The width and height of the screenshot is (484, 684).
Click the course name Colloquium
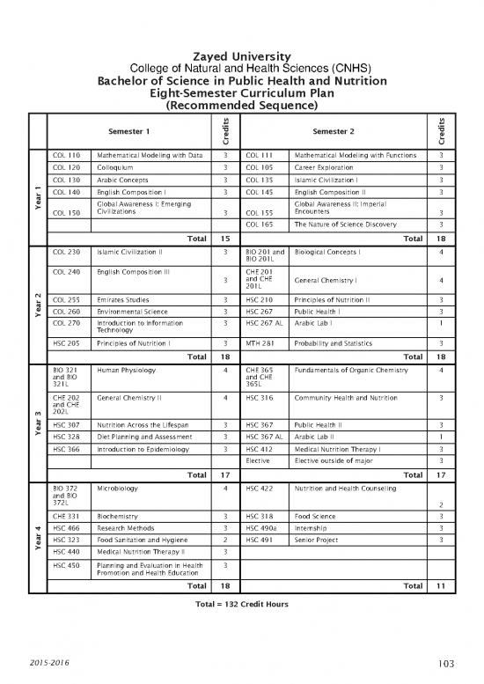click(114, 168)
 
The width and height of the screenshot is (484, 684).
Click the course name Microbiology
click(115, 487)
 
